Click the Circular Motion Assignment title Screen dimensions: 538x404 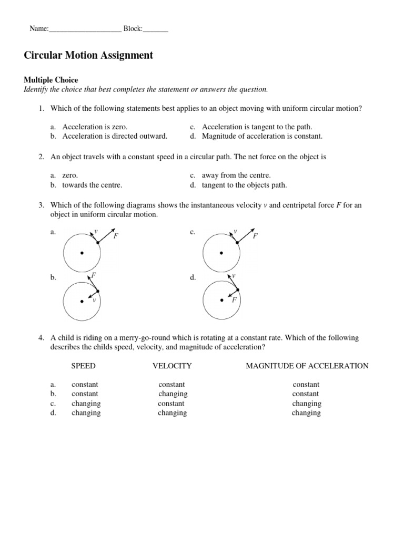(88, 55)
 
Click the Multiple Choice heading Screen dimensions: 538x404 (50, 80)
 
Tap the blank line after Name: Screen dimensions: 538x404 (85, 29)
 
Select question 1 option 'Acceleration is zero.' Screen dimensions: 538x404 (95, 127)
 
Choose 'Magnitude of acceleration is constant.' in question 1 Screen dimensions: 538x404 (262, 136)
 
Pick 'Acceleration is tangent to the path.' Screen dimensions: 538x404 (257, 127)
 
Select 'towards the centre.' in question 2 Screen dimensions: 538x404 (92, 185)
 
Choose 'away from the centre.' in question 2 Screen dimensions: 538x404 (236, 175)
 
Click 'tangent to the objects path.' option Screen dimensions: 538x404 (244, 185)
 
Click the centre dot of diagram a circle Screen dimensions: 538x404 (82, 253)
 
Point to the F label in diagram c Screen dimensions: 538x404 (255, 236)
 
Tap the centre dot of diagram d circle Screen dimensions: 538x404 (221, 301)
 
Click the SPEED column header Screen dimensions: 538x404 (84, 366)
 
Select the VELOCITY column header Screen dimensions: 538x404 (172, 366)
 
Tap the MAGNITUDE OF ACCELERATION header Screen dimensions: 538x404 (307, 366)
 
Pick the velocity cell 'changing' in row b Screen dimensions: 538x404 (173, 394)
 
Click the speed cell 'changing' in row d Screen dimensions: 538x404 (86, 413)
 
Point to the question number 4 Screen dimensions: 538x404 (41, 338)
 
